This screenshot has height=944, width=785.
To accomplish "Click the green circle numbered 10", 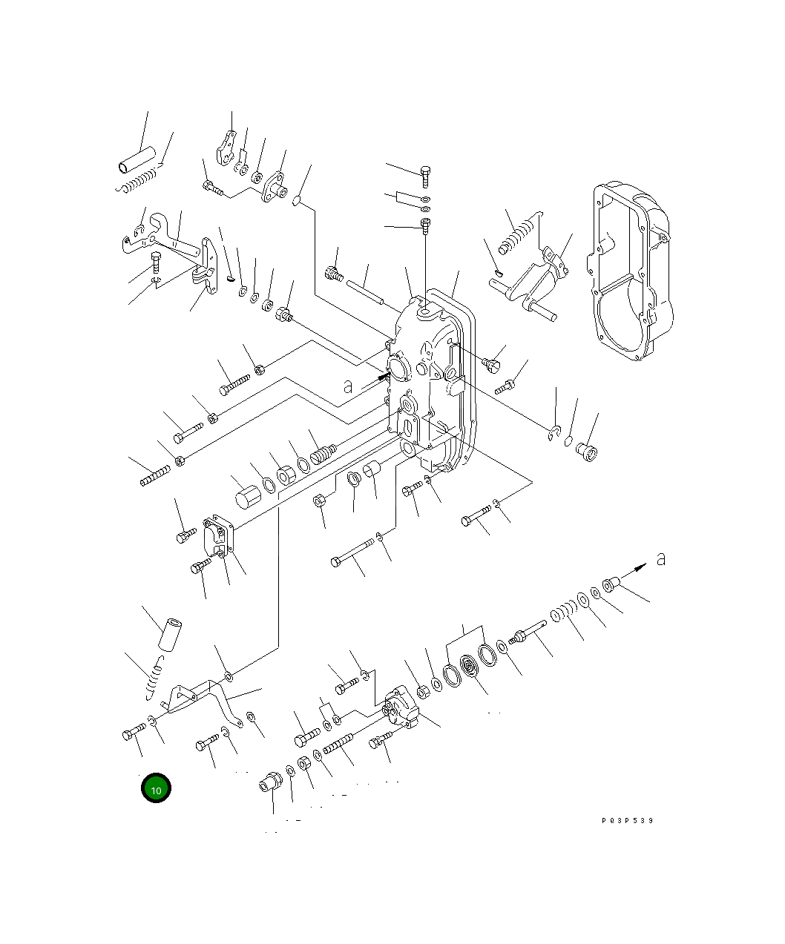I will [x=156, y=789].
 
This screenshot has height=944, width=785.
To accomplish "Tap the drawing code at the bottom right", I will [x=627, y=820].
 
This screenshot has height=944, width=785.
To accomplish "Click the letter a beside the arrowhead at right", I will [x=660, y=558].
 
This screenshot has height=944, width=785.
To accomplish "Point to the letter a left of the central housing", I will [x=347, y=386].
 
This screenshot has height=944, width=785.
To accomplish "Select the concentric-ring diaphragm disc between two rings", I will [x=470, y=665].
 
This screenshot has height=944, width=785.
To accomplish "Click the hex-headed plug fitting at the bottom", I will [x=271, y=782].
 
